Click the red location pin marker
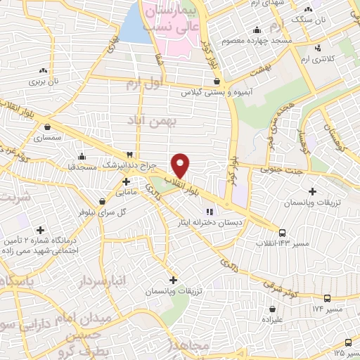(x=181, y=165)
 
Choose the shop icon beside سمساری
(x=47, y=127)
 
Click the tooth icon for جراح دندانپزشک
(x=129, y=155)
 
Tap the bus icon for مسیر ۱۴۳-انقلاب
(x=283, y=232)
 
